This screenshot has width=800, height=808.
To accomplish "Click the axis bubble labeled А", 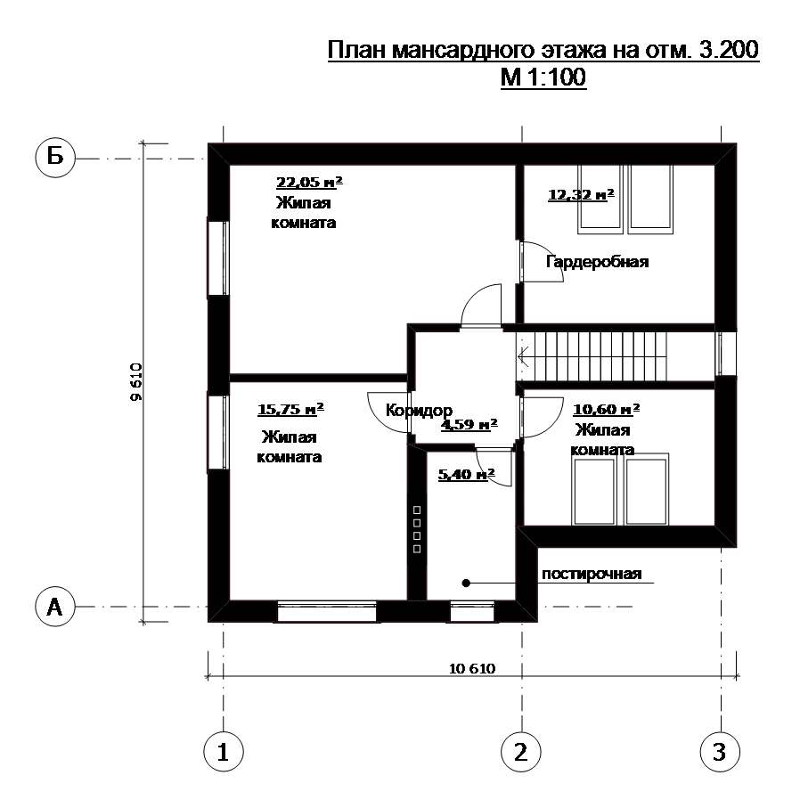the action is pos(55,606).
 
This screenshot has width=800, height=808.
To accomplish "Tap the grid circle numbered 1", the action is pos(224,751).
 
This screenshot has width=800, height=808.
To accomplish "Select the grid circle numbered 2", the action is pos(521,751).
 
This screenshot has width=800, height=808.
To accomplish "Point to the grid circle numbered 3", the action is pos(720,751).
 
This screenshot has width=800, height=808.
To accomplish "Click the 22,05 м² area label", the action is pos(309,183).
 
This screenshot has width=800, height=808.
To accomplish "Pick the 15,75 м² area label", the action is pos(290,410).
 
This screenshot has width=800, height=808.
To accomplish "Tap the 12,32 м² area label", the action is pos(581,195).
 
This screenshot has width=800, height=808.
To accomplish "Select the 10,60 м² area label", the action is pos(606,410).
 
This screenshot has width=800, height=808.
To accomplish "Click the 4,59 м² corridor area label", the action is pos(469,425).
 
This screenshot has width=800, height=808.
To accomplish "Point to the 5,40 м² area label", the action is pos(467,474).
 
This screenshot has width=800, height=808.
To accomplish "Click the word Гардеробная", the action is pos(598,262).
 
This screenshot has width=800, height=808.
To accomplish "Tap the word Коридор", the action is pos(419,410).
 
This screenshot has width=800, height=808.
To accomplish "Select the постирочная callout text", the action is pos(592,574).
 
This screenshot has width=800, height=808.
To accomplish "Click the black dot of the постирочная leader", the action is pos(466,583).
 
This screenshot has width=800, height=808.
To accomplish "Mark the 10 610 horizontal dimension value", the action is pos(472,668).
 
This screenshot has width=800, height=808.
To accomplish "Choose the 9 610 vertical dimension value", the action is pos(136,382).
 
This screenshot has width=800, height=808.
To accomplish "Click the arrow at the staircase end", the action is pos(523,356).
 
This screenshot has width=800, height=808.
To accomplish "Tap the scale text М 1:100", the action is pos(543,78).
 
